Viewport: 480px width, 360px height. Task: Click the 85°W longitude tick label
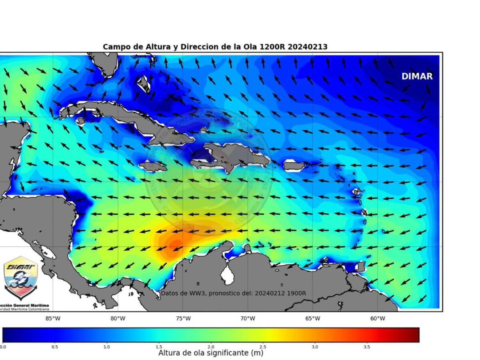[x=53, y=318]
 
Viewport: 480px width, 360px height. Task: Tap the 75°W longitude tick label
[x=183, y=318]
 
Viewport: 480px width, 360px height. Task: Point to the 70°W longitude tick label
[x=248, y=318]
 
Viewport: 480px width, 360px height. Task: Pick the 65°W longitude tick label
[x=312, y=318]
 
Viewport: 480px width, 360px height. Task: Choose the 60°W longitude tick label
[x=378, y=318]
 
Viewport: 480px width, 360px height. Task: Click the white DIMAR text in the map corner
[x=417, y=76]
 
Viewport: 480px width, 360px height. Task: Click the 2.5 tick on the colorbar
[x=263, y=346]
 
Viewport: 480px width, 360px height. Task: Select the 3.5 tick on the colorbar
[x=367, y=346]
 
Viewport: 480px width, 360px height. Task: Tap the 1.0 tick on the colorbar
[x=106, y=346]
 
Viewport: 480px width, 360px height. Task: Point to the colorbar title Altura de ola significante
[x=210, y=353]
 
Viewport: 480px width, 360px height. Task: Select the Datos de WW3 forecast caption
[x=233, y=293]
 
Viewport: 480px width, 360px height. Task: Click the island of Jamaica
[x=153, y=166]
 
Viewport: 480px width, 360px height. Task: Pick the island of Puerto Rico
[x=294, y=165]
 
